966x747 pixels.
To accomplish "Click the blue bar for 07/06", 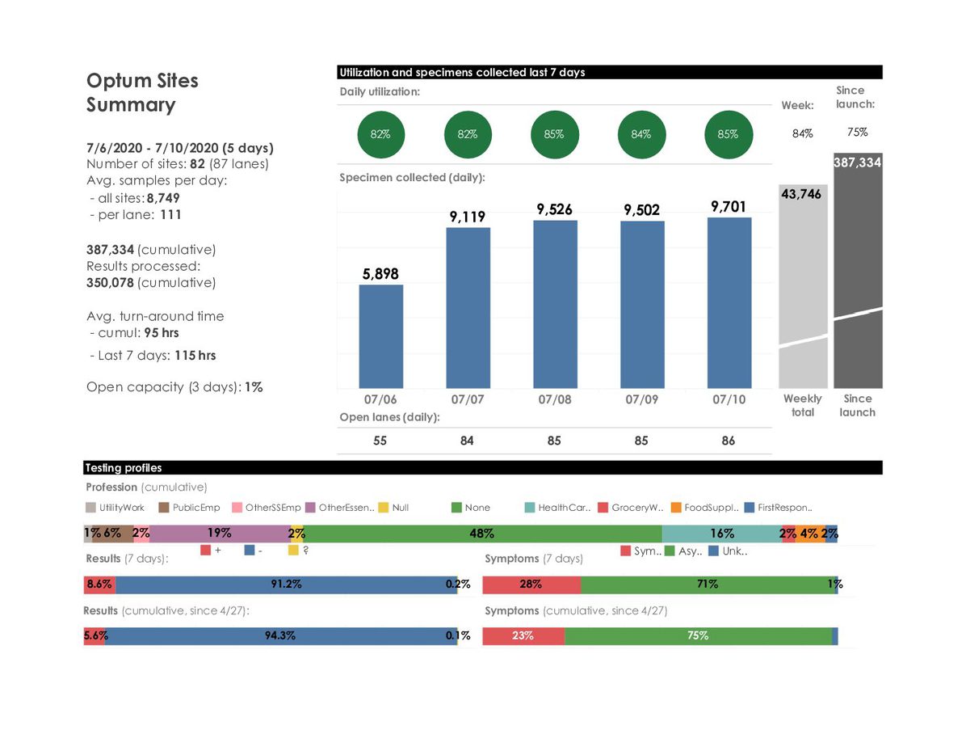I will [380, 336].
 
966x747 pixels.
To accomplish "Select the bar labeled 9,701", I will [729, 302].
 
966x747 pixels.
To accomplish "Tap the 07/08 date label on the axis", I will [554, 399].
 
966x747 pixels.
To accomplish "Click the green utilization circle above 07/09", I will [641, 134].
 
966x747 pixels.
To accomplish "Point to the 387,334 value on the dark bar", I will [857, 163].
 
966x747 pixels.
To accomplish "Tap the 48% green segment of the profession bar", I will [482, 534].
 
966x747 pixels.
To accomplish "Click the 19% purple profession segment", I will [220, 534].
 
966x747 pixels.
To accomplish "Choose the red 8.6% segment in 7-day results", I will [99, 585].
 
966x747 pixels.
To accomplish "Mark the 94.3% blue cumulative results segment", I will [281, 636].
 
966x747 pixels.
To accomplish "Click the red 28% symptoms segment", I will [531, 585].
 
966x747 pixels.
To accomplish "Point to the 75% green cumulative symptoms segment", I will [698, 636].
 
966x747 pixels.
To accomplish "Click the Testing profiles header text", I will [124, 468].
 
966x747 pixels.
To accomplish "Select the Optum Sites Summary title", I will [142, 92].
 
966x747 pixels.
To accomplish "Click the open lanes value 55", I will [380, 441].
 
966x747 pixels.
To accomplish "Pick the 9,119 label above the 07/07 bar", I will [467, 217].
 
